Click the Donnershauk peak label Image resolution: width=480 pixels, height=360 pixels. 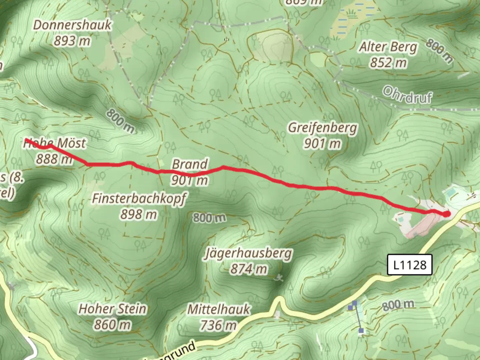click(72, 25)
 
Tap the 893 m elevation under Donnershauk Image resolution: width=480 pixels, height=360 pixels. click(72, 41)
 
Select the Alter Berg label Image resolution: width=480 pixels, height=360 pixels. click(388, 47)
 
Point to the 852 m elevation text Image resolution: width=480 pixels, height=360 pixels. click(388, 63)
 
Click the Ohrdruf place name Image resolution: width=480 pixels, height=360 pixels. click(407, 95)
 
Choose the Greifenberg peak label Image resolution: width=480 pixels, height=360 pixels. click(322, 128)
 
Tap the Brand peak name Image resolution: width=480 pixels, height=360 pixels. click(190, 164)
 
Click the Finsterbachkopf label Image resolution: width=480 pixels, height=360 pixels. click(139, 199)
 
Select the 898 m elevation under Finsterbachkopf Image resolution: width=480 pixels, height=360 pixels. click(139, 214)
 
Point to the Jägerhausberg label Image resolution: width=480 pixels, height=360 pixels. click(248, 254)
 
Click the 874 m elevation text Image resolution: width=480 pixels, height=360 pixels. click(249, 269)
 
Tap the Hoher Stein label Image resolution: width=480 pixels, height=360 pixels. click(112, 309)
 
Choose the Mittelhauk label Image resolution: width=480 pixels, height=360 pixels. click(218, 309)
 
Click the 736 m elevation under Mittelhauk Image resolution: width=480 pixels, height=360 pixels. click(218, 325)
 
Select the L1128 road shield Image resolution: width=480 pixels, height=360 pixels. click(409, 265)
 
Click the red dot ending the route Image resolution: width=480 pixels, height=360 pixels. click(446, 214)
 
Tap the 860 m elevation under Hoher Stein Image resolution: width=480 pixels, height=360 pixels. click(112, 325)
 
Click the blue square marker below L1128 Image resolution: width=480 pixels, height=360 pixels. click(354, 303)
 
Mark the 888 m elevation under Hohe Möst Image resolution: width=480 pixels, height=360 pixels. click(54, 159)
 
